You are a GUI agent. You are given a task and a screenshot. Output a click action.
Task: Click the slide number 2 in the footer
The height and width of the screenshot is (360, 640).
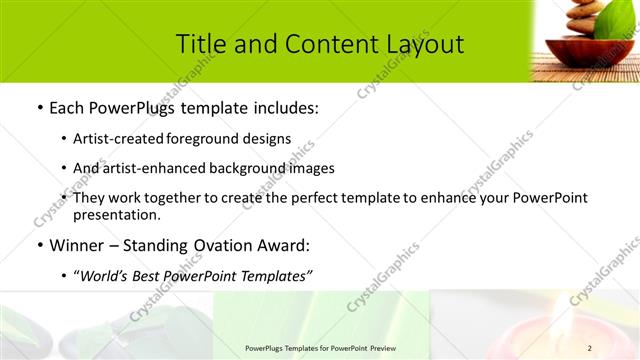pyautogui.click(x=590, y=348)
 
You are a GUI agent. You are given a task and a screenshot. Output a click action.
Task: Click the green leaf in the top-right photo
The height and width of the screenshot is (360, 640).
pyautogui.click(x=614, y=25)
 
